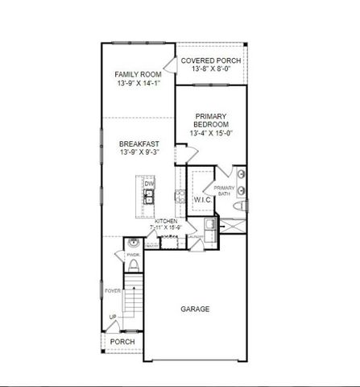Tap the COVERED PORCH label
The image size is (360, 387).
(210, 60)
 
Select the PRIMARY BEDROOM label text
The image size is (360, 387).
(212, 121)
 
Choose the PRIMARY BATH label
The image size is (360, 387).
(223, 191)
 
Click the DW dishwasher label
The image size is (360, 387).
(148, 184)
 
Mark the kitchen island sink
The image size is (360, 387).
(149, 195)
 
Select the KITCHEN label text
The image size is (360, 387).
(167, 221)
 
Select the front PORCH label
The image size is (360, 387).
(122, 341)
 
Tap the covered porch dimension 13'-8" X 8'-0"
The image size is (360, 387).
(210, 70)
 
